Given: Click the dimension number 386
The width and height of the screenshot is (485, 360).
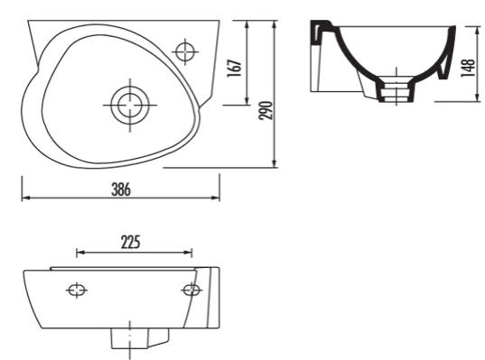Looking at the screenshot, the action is pyautogui.click(x=121, y=189).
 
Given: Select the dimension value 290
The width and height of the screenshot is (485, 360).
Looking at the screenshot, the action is pyautogui.click(x=266, y=110).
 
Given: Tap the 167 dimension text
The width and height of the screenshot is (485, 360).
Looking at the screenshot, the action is pyautogui.click(x=234, y=68).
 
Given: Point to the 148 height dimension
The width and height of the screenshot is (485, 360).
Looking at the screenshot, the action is pyautogui.click(x=469, y=68).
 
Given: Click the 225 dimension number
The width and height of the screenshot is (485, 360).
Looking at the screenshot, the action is pyautogui.click(x=131, y=243).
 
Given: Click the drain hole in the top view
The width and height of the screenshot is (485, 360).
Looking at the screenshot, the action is pyautogui.click(x=130, y=105).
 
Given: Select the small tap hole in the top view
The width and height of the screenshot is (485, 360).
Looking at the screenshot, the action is pyautogui.click(x=185, y=51).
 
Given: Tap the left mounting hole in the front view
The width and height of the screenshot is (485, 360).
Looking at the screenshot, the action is pyautogui.click(x=77, y=291).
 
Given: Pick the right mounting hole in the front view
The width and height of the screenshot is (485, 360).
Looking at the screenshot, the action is pyautogui.click(x=191, y=290).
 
